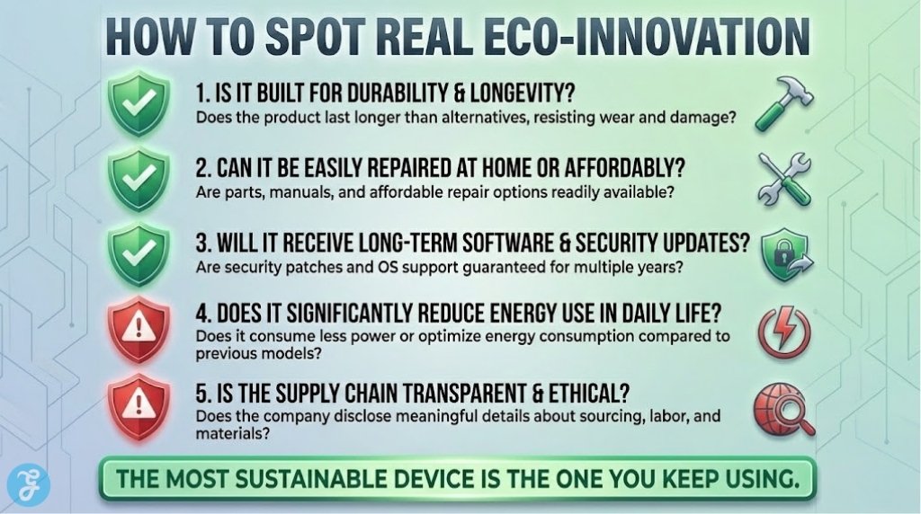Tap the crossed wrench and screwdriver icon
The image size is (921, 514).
pyautogui.click(x=782, y=177)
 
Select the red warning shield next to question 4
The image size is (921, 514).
pyautogui.click(x=138, y=331)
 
